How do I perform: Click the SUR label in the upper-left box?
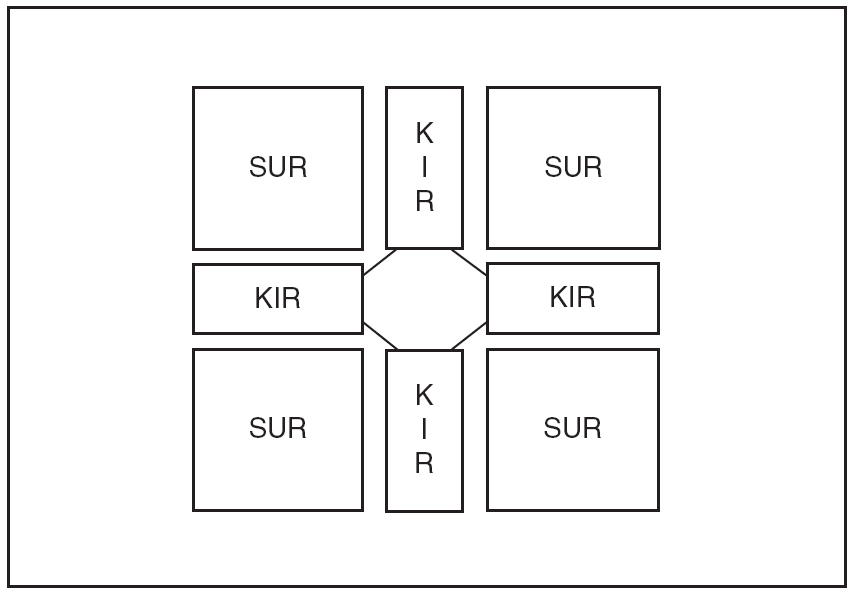coord(278,168)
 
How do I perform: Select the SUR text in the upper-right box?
coord(573,168)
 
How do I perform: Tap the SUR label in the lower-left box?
coord(278,429)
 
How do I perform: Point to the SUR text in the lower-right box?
coord(573,429)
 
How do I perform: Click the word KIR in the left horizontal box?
coord(278,299)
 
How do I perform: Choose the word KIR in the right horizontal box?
coord(573,297)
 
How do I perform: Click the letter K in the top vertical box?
coord(424,134)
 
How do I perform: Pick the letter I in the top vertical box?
coord(424,168)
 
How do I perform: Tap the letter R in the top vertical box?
coord(424,202)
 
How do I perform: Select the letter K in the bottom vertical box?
coord(424,396)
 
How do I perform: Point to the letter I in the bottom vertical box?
coord(424,430)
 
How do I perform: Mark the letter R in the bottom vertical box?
coord(424,464)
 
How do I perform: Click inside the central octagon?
coord(424,298)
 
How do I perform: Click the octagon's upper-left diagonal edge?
coord(380,262)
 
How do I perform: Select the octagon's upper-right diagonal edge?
coord(469,262)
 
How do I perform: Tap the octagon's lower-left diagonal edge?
coord(380,336)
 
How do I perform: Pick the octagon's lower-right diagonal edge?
coord(469,336)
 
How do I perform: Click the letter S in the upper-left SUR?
coord(258,168)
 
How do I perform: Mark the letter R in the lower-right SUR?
coord(593,429)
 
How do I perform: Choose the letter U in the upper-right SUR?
coord(573,168)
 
